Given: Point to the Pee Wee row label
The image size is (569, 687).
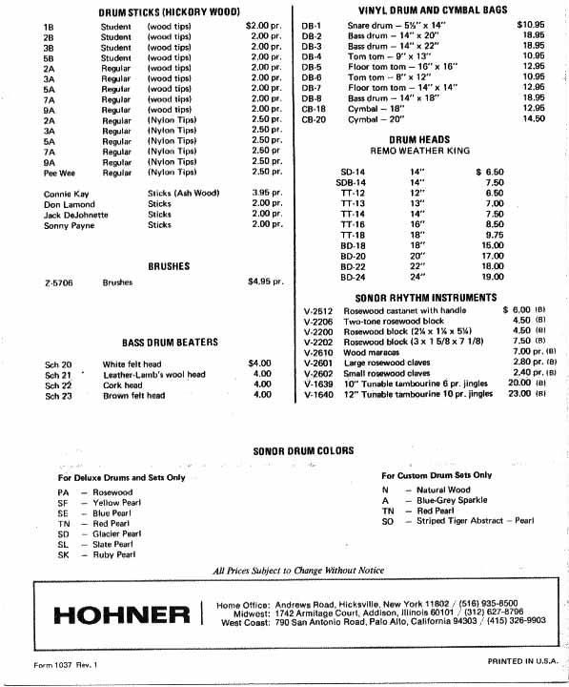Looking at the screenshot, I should (x=59, y=173).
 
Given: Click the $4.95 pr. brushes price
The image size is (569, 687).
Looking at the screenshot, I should (x=266, y=282).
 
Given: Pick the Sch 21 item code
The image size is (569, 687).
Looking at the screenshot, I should (x=58, y=375).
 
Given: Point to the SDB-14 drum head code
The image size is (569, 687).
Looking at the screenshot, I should (x=351, y=182).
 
